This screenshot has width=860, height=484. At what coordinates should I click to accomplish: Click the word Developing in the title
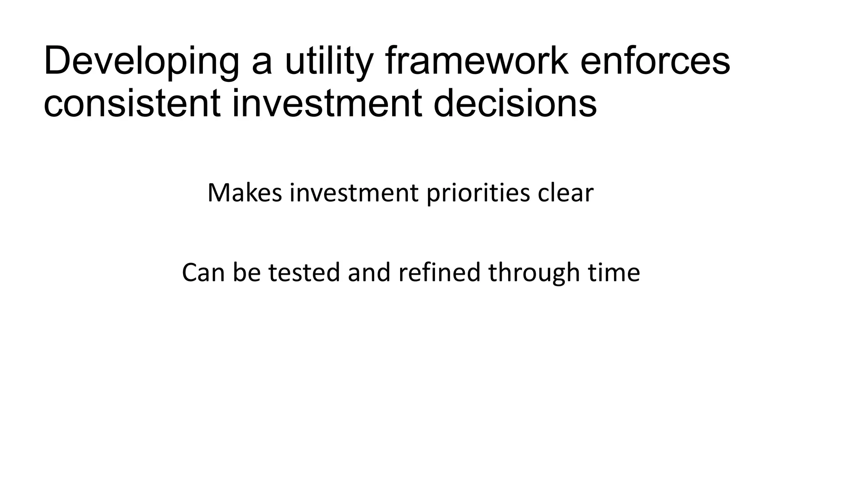[141, 62]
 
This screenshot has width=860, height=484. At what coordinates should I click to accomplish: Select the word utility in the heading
[329, 62]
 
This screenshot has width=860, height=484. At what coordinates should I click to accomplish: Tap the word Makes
[244, 193]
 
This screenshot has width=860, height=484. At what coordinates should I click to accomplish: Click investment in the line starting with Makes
[354, 193]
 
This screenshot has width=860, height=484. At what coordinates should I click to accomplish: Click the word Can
[203, 273]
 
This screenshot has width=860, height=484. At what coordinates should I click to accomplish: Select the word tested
[304, 273]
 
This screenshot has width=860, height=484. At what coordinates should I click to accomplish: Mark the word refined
[439, 273]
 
